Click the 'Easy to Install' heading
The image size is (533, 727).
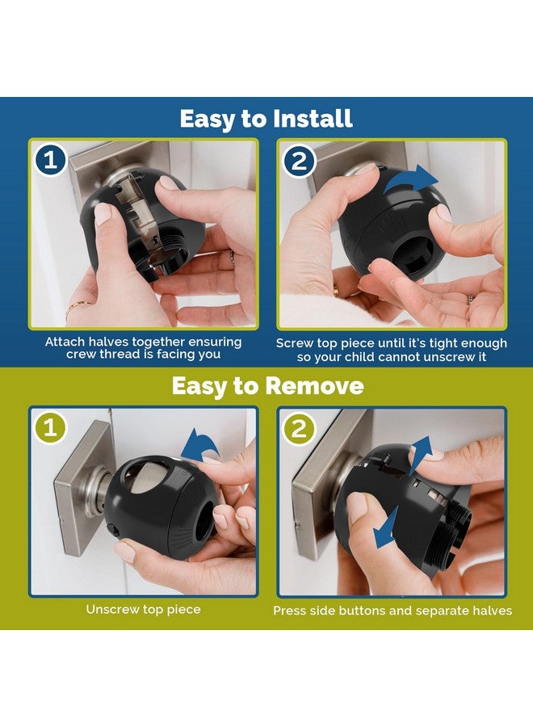[266, 119]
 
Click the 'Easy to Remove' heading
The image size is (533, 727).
[266, 386]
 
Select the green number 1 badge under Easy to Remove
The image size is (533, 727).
[51, 429]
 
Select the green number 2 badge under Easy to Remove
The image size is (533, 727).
[300, 429]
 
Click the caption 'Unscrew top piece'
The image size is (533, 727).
[142, 609]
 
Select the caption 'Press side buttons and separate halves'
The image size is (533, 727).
[392, 611]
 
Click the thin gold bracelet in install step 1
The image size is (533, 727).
[78, 306]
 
